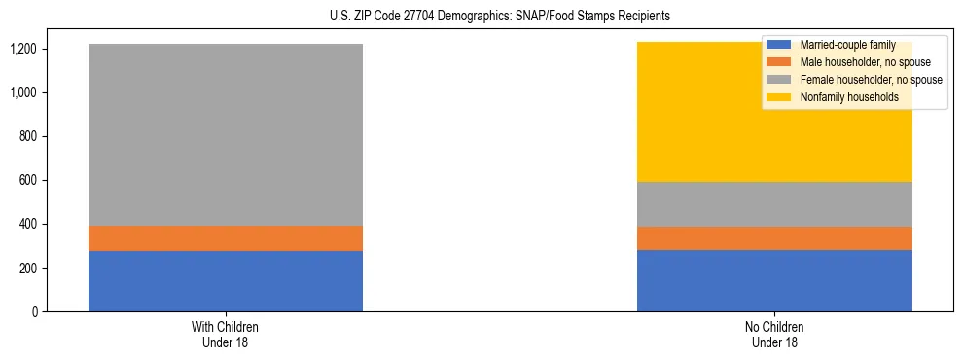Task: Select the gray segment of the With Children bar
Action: [226, 134]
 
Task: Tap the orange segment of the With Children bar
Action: [226, 238]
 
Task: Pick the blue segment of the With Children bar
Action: [226, 281]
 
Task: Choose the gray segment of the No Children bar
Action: [774, 204]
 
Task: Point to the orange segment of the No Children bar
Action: [774, 238]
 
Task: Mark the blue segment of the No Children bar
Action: [774, 280]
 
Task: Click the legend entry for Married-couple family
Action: [844, 45]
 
